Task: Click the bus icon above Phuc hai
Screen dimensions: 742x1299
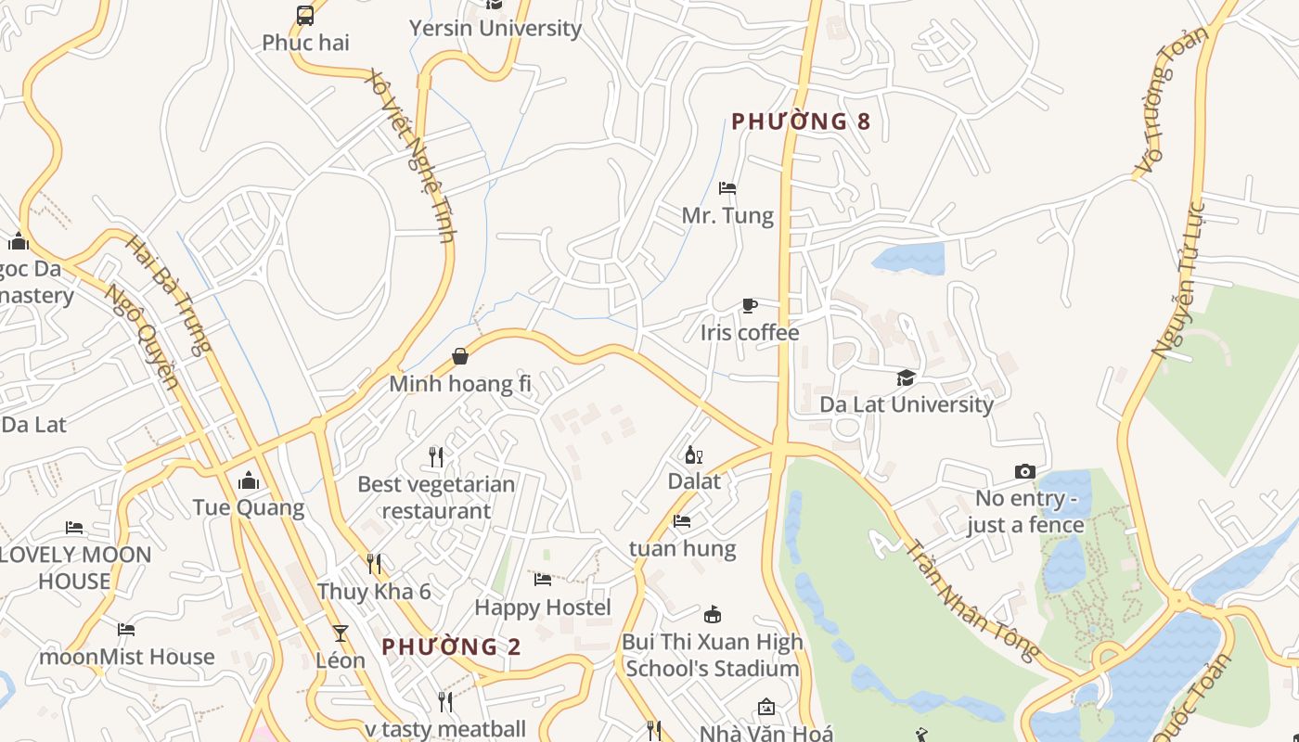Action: pyautogui.click(x=305, y=15)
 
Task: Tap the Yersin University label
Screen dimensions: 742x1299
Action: pyautogui.click(x=495, y=29)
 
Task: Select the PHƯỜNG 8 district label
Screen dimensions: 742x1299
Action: pyautogui.click(x=801, y=122)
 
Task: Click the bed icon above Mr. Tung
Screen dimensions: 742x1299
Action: pyautogui.click(x=727, y=188)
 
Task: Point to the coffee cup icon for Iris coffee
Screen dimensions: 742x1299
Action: pyautogui.click(x=750, y=305)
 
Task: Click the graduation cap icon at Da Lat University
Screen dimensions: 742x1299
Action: pyautogui.click(x=906, y=377)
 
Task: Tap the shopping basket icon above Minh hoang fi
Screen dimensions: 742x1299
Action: pyautogui.click(x=460, y=356)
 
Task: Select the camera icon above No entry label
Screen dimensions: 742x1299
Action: pyautogui.click(x=1025, y=471)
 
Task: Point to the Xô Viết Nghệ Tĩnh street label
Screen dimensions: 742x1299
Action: pyautogui.click(x=411, y=154)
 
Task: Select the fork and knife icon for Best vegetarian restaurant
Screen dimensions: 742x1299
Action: pyautogui.click(x=436, y=456)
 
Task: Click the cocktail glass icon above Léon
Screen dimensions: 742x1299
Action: pyautogui.click(x=341, y=633)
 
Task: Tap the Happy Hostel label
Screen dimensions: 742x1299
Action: pyautogui.click(x=543, y=608)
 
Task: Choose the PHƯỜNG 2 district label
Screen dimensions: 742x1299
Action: pyautogui.click(x=452, y=646)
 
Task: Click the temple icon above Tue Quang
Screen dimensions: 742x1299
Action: pyautogui.click(x=249, y=480)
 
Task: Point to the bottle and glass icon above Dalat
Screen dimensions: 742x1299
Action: pyautogui.click(x=693, y=454)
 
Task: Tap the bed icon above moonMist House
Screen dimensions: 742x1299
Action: pyautogui.click(x=126, y=630)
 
